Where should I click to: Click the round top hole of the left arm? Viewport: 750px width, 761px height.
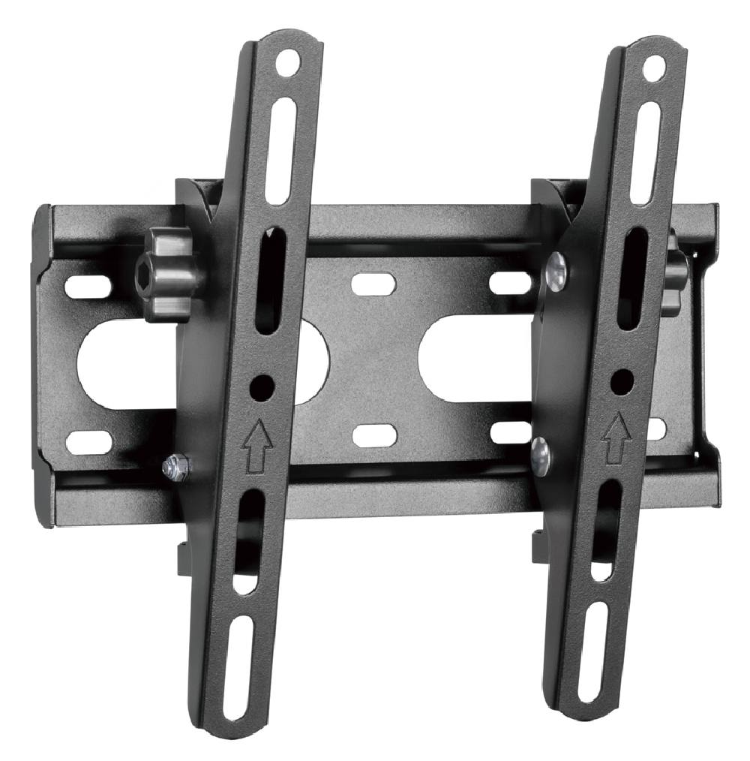click(x=286, y=63)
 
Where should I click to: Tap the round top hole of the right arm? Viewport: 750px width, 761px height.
click(x=654, y=68)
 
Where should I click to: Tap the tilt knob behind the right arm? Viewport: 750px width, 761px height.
click(x=676, y=273)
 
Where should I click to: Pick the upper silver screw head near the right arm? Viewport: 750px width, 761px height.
click(x=556, y=272)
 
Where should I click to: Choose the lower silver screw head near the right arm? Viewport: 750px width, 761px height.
click(x=540, y=456)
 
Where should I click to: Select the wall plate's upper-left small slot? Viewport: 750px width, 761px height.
click(x=88, y=286)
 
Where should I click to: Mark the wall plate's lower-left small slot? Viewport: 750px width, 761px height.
click(x=88, y=441)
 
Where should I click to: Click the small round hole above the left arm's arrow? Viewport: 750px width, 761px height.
click(x=262, y=387)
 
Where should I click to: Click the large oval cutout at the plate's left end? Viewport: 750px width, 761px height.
click(x=112, y=364)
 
